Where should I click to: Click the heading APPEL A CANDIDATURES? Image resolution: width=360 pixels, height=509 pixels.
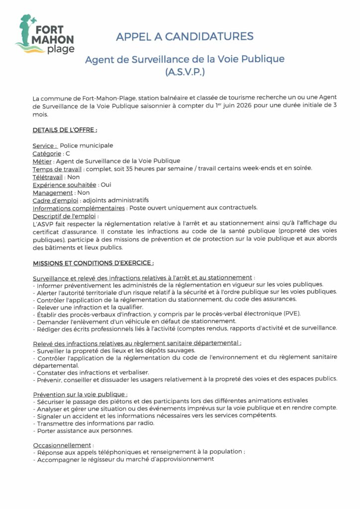184,36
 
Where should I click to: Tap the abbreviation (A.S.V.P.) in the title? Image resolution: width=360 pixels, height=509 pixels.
184,72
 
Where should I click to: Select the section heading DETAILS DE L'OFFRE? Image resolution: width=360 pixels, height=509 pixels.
65,130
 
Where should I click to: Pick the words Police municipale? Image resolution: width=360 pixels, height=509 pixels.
87,146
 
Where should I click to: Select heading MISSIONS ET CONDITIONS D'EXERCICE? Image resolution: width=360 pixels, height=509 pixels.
93,262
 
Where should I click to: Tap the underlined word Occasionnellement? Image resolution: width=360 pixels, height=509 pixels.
62,445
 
